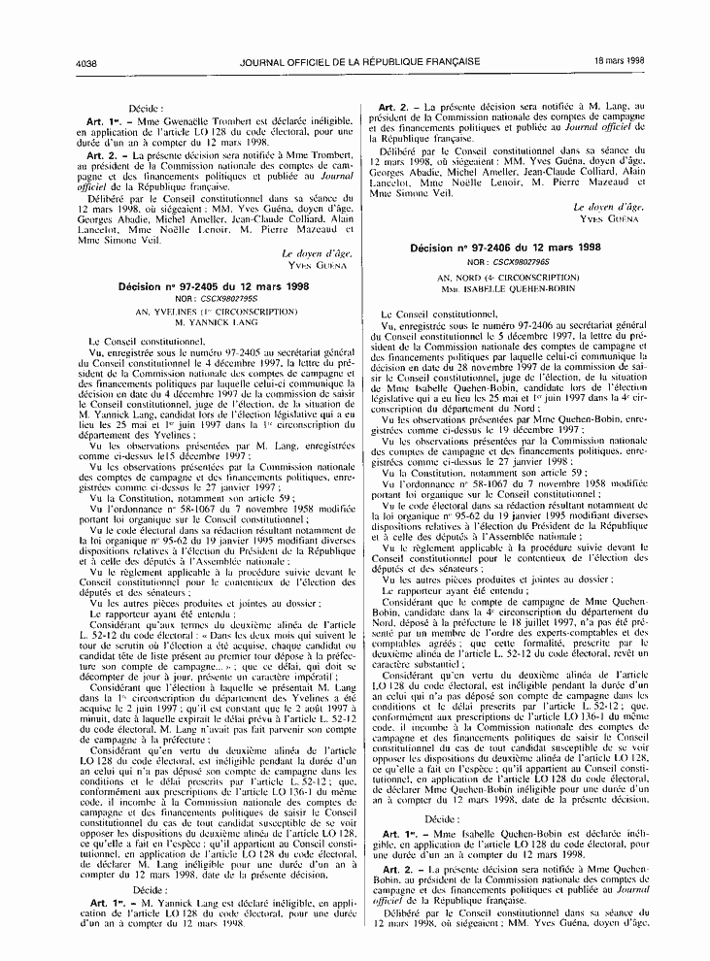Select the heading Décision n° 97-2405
pos(213,287)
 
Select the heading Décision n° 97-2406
pos(505,249)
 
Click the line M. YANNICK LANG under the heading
pos(213,323)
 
